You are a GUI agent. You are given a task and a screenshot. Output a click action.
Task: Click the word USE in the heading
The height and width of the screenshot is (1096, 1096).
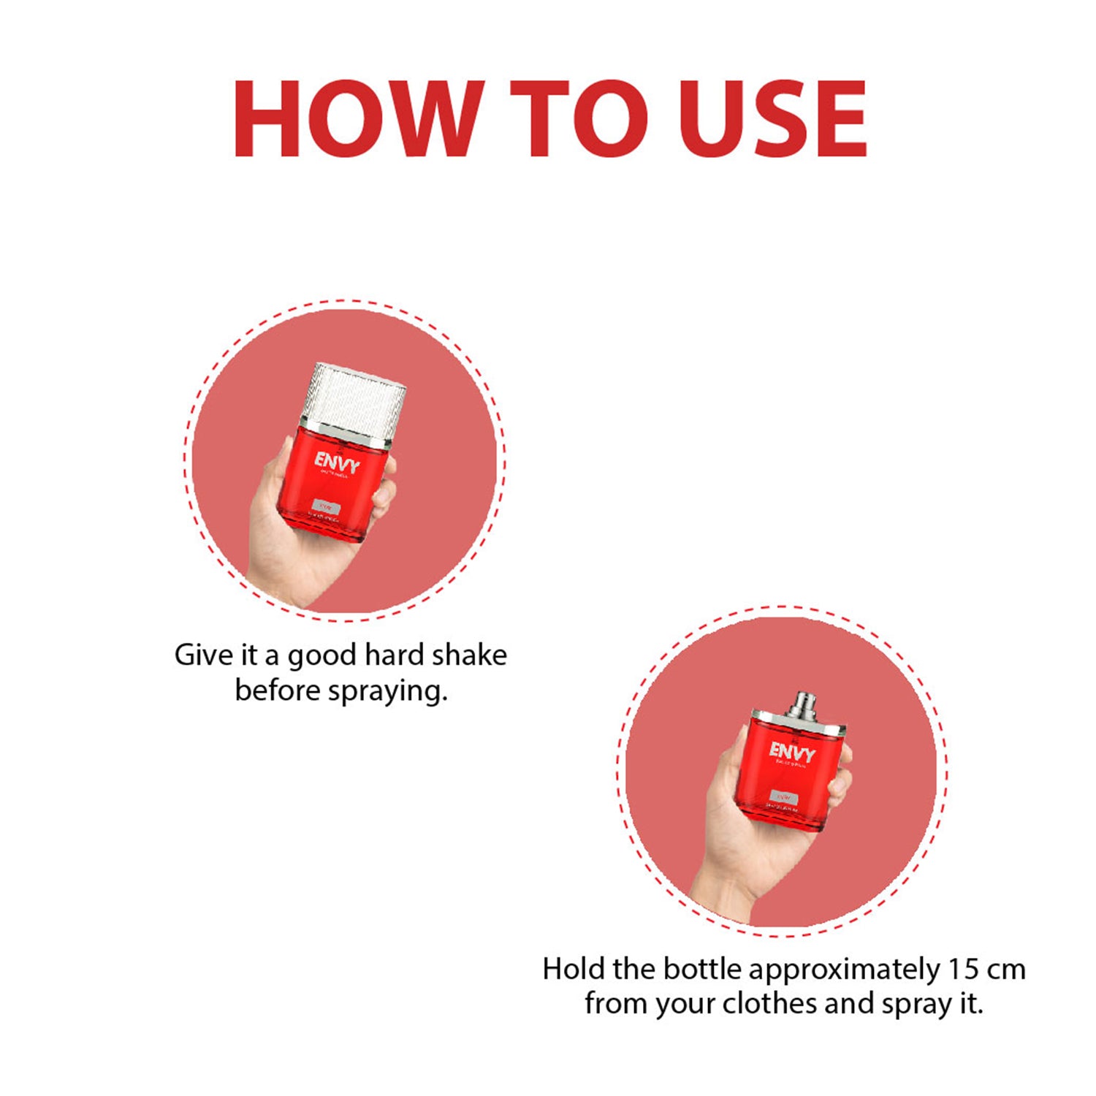[772, 118]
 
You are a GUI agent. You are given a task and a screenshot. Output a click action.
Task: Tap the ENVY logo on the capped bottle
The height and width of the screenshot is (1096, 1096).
[337, 463]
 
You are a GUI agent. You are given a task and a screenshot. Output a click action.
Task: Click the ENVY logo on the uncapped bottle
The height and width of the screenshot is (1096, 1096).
[792, 751]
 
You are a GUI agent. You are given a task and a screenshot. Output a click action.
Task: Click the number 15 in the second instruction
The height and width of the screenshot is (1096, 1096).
[963, 970]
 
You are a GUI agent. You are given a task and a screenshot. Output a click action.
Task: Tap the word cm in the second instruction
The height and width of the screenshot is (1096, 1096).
[1006, 970]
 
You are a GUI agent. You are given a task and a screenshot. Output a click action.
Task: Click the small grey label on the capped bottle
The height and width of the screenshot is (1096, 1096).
[326, 506]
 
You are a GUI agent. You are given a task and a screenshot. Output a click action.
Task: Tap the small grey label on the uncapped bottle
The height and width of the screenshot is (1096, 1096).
[783, 796]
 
